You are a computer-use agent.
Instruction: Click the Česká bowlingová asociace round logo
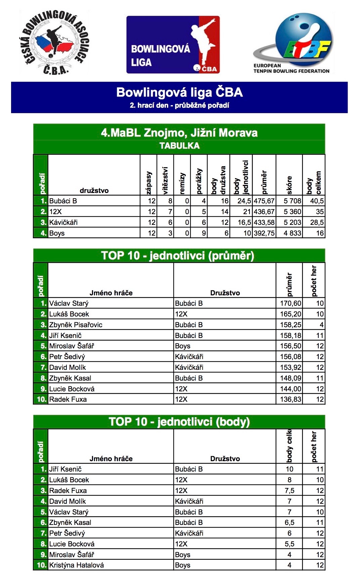coord(54,43)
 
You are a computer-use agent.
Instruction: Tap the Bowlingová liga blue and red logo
coord(173,45)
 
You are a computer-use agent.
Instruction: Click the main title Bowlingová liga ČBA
coord(179,92)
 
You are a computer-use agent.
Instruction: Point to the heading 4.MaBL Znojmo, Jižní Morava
coord(179,133)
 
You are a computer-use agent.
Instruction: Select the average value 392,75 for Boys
coord(264,233)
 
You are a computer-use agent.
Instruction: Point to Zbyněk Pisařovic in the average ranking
coord(76,325)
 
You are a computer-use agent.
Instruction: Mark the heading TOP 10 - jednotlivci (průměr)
coord(178,256)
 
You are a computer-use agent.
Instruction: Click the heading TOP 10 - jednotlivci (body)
coord(179,422)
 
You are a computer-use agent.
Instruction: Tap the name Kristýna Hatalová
coord(77,565)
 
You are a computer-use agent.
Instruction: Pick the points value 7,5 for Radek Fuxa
coord(289,491)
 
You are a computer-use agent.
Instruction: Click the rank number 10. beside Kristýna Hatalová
coord(41,565)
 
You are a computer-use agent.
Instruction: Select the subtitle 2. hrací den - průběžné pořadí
coord(179,105)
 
